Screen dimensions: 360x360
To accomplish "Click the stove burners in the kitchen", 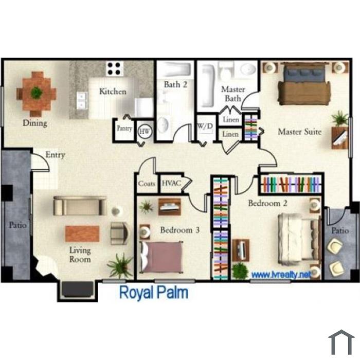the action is [x=114, y=68].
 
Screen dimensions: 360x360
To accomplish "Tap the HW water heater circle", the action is [x=145, y=132].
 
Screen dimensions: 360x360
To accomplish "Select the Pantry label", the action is [x=124, y=129].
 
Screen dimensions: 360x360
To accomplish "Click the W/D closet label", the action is [x=205, y=126].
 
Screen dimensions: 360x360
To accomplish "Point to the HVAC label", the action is [x=171, y=183].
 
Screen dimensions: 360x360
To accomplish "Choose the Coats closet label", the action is [x=147, y=184].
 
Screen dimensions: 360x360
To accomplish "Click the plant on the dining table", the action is [x=37, y=92].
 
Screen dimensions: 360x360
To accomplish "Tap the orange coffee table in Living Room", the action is [x=82, y=233].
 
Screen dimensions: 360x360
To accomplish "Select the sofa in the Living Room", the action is [x=80, y=206].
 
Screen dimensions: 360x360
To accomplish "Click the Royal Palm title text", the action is [x=154, y=293].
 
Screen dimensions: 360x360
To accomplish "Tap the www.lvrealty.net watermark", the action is [x=281, y=274].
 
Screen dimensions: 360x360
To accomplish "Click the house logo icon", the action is [x=341, y=342].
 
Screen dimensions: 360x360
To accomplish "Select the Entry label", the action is [x=55, y=155].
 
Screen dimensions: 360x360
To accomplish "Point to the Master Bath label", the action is [x=233, y=94].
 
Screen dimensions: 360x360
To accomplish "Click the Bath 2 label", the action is [x=175, y=84].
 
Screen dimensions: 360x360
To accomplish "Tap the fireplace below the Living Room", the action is [x=77, y=290].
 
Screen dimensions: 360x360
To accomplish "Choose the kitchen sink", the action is [x=82, y=100].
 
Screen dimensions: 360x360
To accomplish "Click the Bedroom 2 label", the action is [x=267, y=203].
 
